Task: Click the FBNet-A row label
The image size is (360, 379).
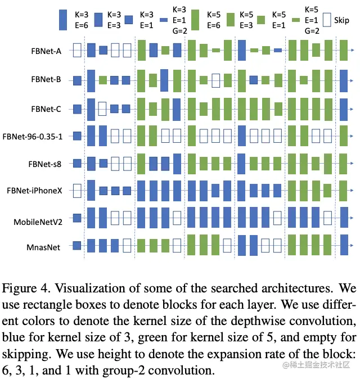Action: tap(46, 51)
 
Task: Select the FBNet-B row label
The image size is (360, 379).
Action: tap(46, 80)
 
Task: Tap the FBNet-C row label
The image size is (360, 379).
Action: tap(46, 109)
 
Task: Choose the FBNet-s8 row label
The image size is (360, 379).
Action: tap(46, 164)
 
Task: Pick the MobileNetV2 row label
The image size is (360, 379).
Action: tap(37, 222)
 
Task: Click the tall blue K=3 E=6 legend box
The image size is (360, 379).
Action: tap(64, 20)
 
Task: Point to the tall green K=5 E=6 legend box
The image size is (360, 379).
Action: tap(196, 20)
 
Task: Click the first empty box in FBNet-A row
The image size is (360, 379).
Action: tap(78, 51)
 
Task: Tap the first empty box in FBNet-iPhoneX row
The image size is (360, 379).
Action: tap(78, 191)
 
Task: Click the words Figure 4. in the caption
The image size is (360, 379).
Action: tap(23, 290)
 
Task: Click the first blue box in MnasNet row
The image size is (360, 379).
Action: tap(78, 246)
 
